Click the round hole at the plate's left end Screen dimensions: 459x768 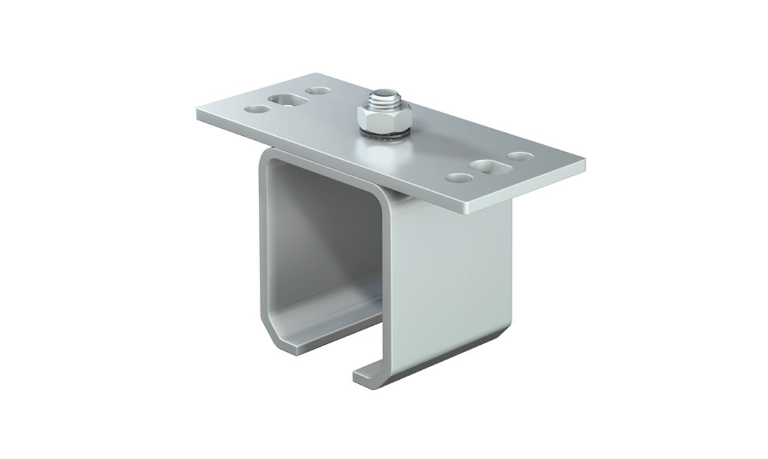click(257, 109)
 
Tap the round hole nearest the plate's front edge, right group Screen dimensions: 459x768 click(459, 178)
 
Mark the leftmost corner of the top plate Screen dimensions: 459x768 click(197, 109)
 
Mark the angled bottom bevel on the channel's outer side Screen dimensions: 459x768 click(451, 353)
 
